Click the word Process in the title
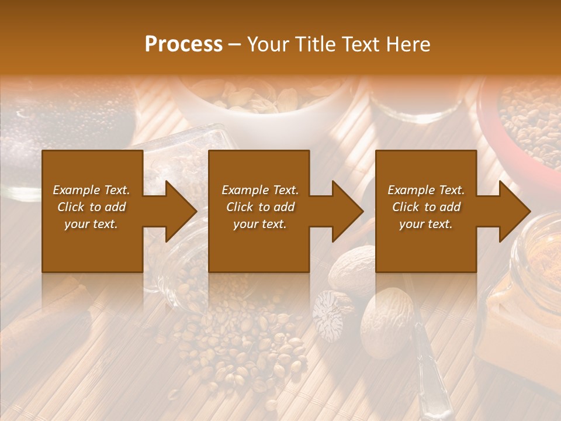pos(183,44)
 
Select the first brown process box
pos(92,211)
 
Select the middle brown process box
pos(259,211)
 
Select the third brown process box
pos(425,211)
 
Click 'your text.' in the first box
pos(91,224)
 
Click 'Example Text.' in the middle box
pos(259,190)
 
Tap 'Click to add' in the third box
pos(426,207)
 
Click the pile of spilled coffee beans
pos(234,345)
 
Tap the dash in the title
pos(235,44)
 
